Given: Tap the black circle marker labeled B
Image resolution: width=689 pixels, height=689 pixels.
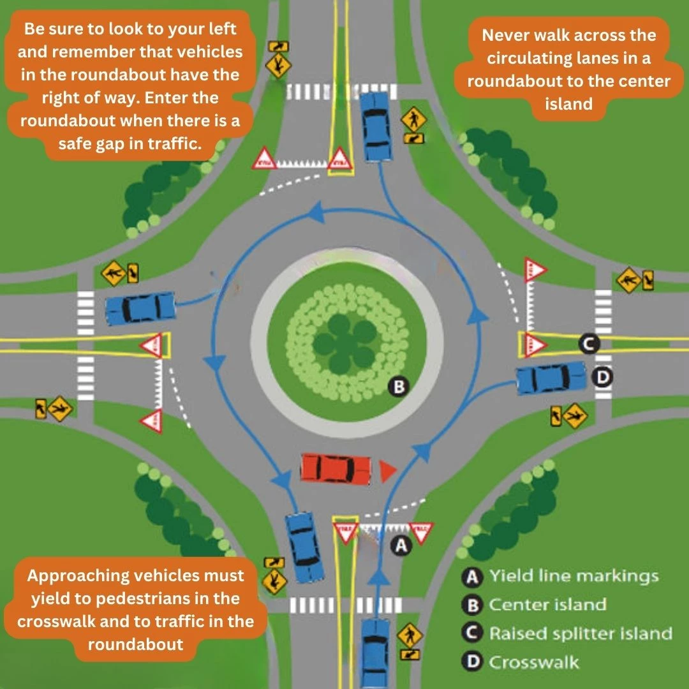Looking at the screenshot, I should tap(398, 386).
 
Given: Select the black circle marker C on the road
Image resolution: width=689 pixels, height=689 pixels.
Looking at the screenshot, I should tap(589, 344).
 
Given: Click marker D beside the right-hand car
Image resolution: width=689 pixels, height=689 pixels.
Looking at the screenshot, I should tap(601, 378).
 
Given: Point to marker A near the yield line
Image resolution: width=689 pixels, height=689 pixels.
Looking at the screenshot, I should tap(401, 545).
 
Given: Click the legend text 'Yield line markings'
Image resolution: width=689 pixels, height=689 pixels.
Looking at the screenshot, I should tap(574, 576).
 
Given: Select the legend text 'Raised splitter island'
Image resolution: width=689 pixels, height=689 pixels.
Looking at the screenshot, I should tap(581, 633).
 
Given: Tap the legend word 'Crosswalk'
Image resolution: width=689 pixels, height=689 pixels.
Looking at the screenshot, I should tap(534, 662).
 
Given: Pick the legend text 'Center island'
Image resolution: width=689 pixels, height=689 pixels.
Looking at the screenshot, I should tap(547, 604).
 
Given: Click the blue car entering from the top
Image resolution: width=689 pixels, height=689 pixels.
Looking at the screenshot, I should tap(376, 126).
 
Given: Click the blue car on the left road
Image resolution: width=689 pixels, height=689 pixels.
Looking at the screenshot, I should tap(140, 308).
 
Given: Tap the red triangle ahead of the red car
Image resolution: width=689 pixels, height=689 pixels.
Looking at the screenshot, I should tap(387, 471).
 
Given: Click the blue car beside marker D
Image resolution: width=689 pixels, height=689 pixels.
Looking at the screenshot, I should tap(551, 379).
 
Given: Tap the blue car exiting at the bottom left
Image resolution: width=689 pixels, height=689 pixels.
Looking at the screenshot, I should tap(304, 546).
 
